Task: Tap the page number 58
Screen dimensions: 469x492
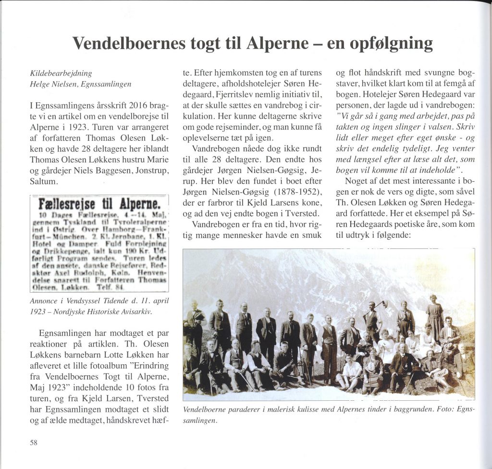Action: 34,443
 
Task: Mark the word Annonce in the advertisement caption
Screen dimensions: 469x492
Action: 44,301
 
